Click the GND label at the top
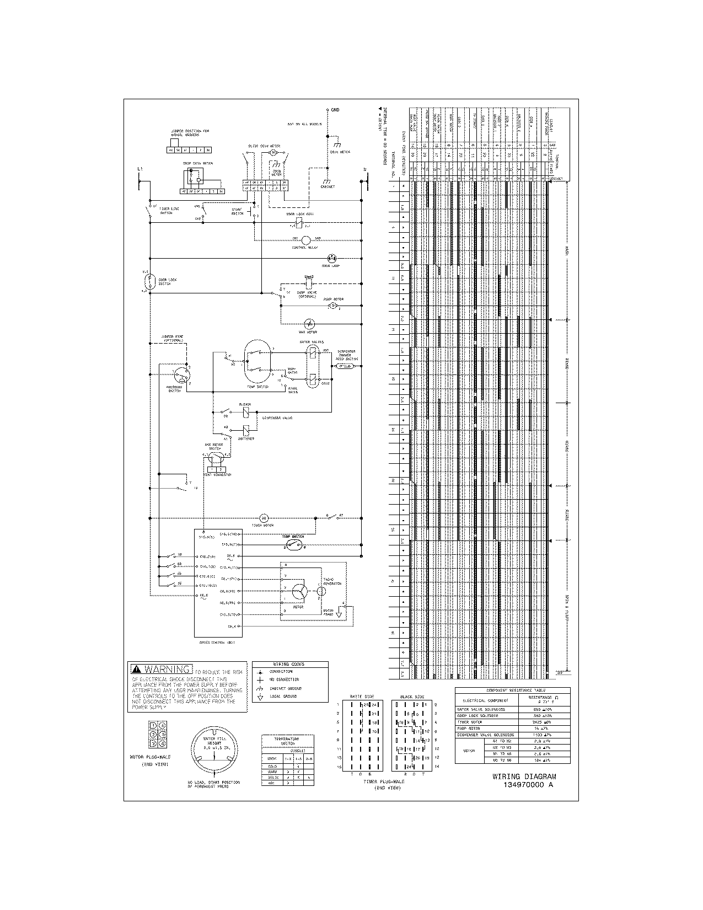pyautogui.click(x=335, y=110)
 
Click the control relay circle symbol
pyautogui.click(x=307, y=240)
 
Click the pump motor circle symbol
pyautogui.click(x=332, y=305)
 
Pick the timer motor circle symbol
pyautogui.click(x=264, y=517)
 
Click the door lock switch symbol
pyautogui.click(x=148, y=281)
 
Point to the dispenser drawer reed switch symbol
pyautogui.click(x=345, y=366)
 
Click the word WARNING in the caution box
pyautogui.click(x=169, y=669)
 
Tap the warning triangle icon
pyautogui.click(x=136, y=670)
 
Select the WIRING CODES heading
pyautogui.click(x=289, y=665)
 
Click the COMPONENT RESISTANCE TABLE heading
pyautogui.click(x=512, y=690)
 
